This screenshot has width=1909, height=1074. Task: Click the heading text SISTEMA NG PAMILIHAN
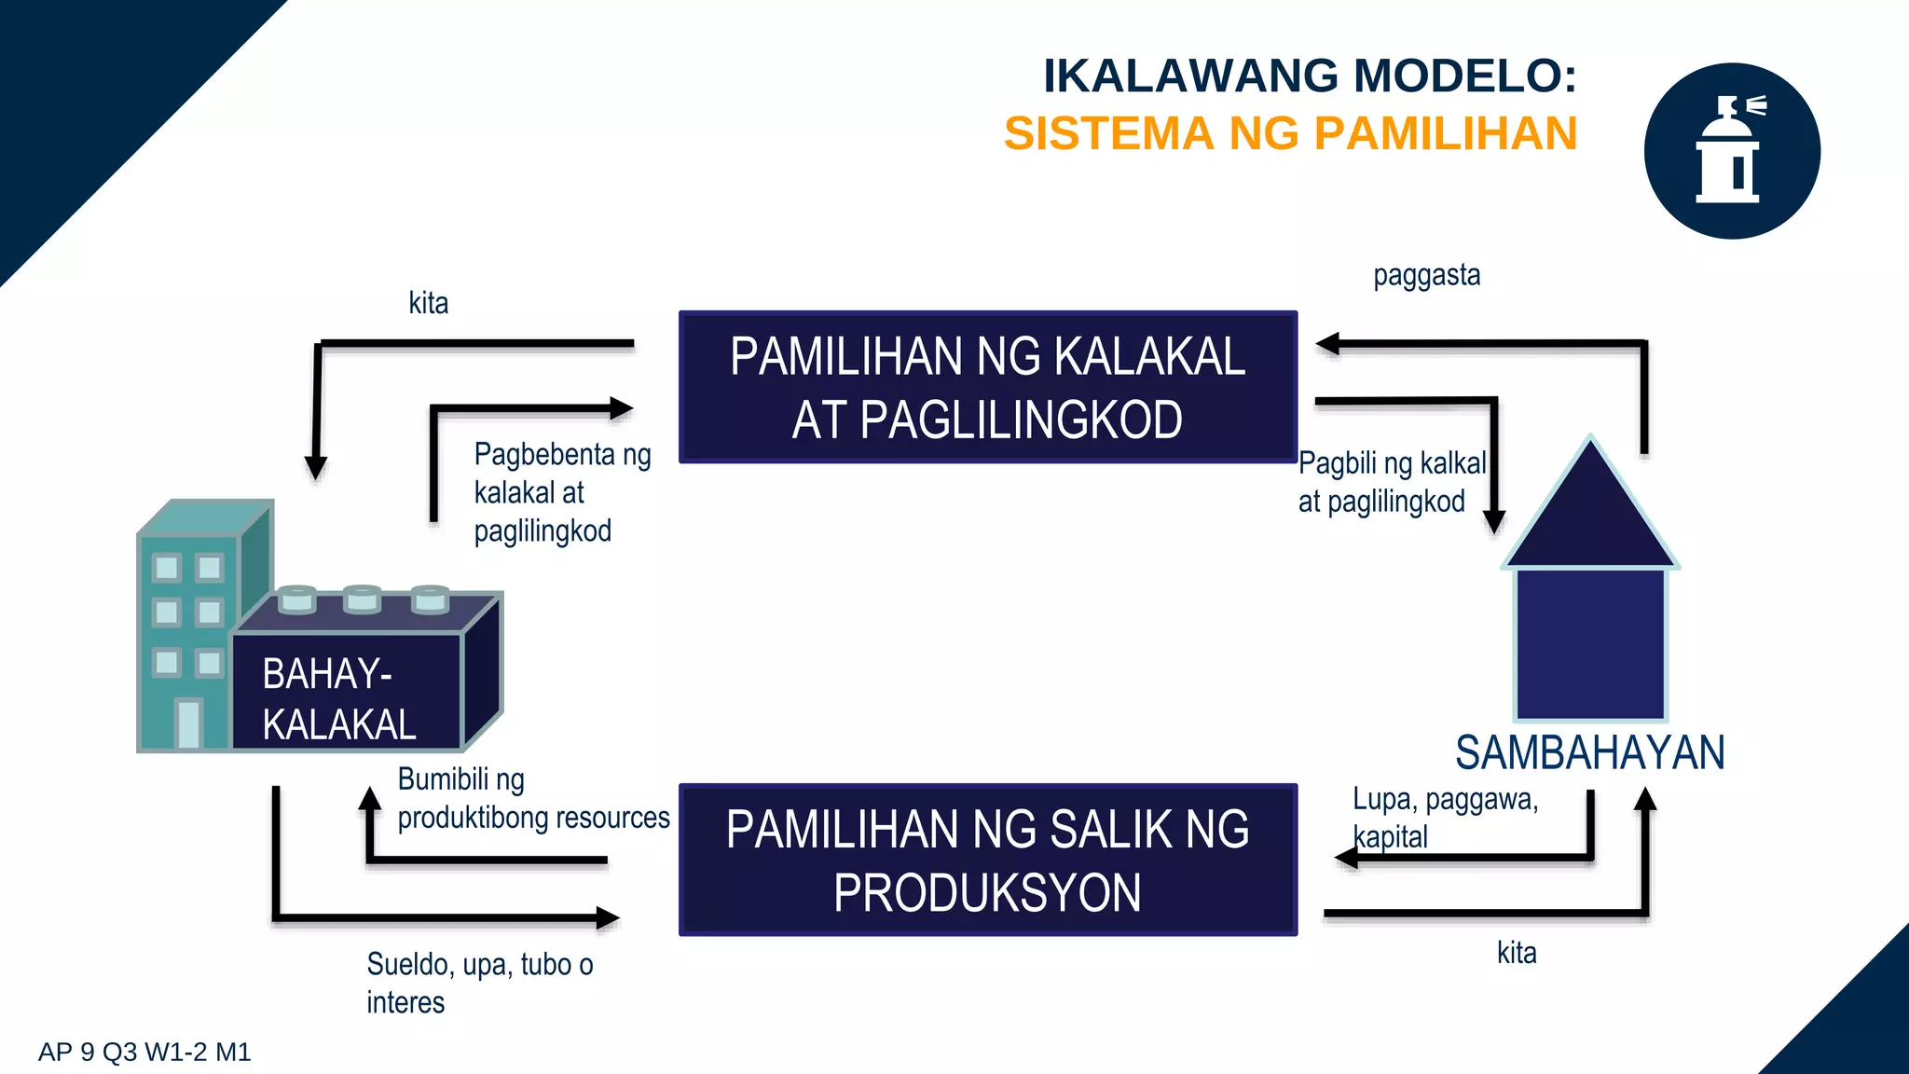[x=1290, y=133]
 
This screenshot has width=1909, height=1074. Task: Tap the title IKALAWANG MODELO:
[x=1309, y=76]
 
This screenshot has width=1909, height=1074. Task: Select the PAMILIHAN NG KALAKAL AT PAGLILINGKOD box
[x=988, y=387]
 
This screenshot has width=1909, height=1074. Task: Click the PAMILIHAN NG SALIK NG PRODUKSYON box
[x=988, y=860]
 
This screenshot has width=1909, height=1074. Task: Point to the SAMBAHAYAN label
[x=1589, y=752]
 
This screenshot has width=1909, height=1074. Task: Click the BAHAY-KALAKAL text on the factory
[x=339, y=699]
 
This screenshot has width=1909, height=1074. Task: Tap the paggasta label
[x=1426, y=276]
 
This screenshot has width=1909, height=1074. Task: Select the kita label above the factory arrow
[x=428, y=303]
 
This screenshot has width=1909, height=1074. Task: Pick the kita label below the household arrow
[x=1517, y=953]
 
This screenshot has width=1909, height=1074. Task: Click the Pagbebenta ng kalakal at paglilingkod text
[x=562, y=492]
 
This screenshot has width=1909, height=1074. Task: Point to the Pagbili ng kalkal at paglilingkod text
[x=1392, y=482]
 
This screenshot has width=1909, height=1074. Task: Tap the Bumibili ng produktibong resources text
[x=533, y=799]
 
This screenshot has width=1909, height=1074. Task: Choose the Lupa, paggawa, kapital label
[x=1445, y=818]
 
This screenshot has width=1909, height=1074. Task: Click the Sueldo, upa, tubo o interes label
[x=479, y=983]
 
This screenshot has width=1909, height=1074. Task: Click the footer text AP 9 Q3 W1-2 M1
[x=144, y=1053]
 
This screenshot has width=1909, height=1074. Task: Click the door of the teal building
[x=188, y=723]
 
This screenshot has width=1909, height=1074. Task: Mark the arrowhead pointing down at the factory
[x=316, y=467]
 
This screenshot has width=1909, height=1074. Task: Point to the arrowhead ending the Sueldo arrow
[x=608, y=918]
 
